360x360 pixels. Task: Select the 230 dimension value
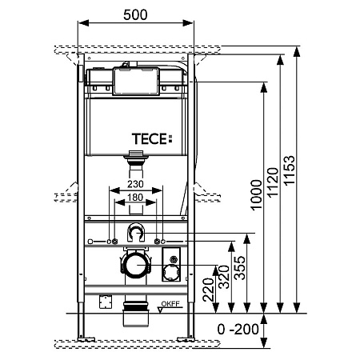click(x=136, y=183)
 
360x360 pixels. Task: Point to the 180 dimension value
click(x=136, y=196)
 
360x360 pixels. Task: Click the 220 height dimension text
click(x=207, y=289)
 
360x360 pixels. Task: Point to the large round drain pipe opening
click(x=137, y=266)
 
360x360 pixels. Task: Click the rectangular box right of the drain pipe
click(x=171, y=266)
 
